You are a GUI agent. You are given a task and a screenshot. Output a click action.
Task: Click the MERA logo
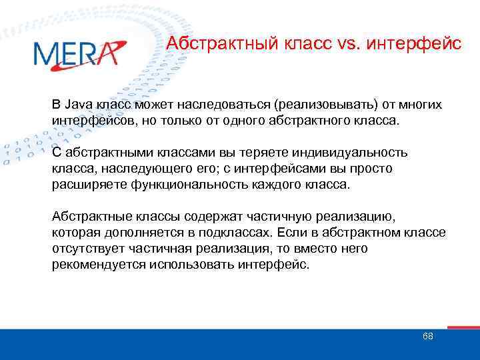click(78, 53)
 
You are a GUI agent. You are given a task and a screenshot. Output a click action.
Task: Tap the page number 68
click(427, 336)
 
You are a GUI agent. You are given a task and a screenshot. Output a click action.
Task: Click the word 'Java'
click(79, 105)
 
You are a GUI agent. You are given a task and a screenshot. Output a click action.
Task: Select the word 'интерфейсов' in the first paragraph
click(86, 122)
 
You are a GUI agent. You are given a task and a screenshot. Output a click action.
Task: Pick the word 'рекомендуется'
click(94, 264)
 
